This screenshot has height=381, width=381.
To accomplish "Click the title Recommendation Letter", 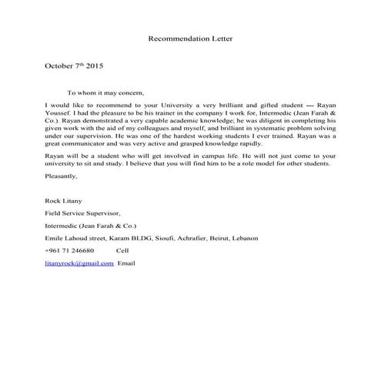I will tap(189, 38).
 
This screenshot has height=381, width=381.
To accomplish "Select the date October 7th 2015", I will tap(74, 67).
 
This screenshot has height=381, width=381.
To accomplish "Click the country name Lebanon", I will tap(246, 238).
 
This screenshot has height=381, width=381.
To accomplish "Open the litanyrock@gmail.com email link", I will tap(79, 263).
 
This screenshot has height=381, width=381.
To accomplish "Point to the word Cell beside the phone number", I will tap(123, 251).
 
